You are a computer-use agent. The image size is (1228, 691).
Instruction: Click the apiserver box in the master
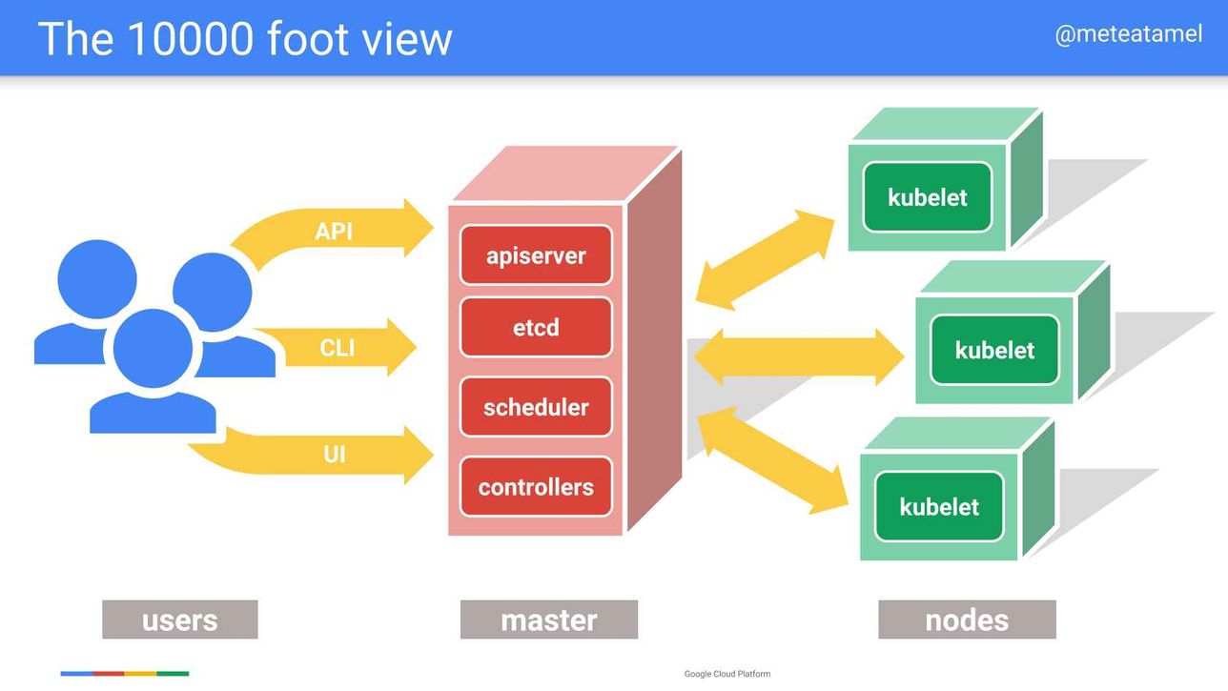click(x=536, y=254)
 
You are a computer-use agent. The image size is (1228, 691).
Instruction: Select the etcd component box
click(x=536, y=327)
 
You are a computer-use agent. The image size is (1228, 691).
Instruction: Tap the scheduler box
click(x=536, y=407)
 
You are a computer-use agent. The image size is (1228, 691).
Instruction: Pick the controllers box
click(x=536, y=487)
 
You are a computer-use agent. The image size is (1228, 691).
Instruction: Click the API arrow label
click(x=334, y=232)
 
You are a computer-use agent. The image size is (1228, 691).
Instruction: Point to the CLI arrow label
click(x=338, y=348)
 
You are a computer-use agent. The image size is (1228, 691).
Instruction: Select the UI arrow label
click(x=335, y=455)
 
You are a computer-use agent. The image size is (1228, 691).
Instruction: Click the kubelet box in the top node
click(x=927, y=196)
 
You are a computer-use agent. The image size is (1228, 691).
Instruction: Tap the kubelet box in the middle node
click(x=994, y=350)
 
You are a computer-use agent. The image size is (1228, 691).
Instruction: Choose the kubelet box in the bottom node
click(x=939, y=506)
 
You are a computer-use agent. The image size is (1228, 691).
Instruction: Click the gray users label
click(x=180, y=620)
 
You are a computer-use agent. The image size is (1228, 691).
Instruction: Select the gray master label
click(x=549, y=620)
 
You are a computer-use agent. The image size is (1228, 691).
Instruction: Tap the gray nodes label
click(x=967, y=620)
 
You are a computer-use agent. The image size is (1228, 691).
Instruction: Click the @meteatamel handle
click(x=1129, y=34)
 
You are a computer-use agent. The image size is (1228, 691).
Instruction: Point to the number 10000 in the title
click(x=192, y=38)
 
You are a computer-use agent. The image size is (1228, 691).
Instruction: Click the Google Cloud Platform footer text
click(x=727, y=674)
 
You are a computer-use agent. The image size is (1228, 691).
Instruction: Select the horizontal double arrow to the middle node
click(x=798, y=356)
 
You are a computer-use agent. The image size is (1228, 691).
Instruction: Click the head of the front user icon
click(x=153, y=348)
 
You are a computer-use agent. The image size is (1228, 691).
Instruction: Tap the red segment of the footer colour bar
click(x=109, y=674)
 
